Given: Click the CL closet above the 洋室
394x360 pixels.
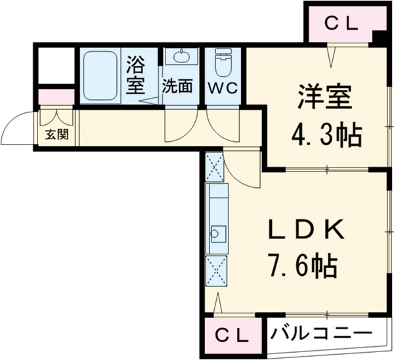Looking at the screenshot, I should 340,24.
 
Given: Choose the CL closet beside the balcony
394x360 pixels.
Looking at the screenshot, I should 233,336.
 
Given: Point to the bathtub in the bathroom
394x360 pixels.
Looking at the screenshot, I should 100,75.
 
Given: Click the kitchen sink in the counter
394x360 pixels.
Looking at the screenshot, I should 217,233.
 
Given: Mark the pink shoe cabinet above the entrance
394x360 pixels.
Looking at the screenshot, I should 55,97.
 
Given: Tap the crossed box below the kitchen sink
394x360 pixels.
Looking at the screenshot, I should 216,269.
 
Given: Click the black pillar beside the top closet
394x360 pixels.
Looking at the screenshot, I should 380,37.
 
